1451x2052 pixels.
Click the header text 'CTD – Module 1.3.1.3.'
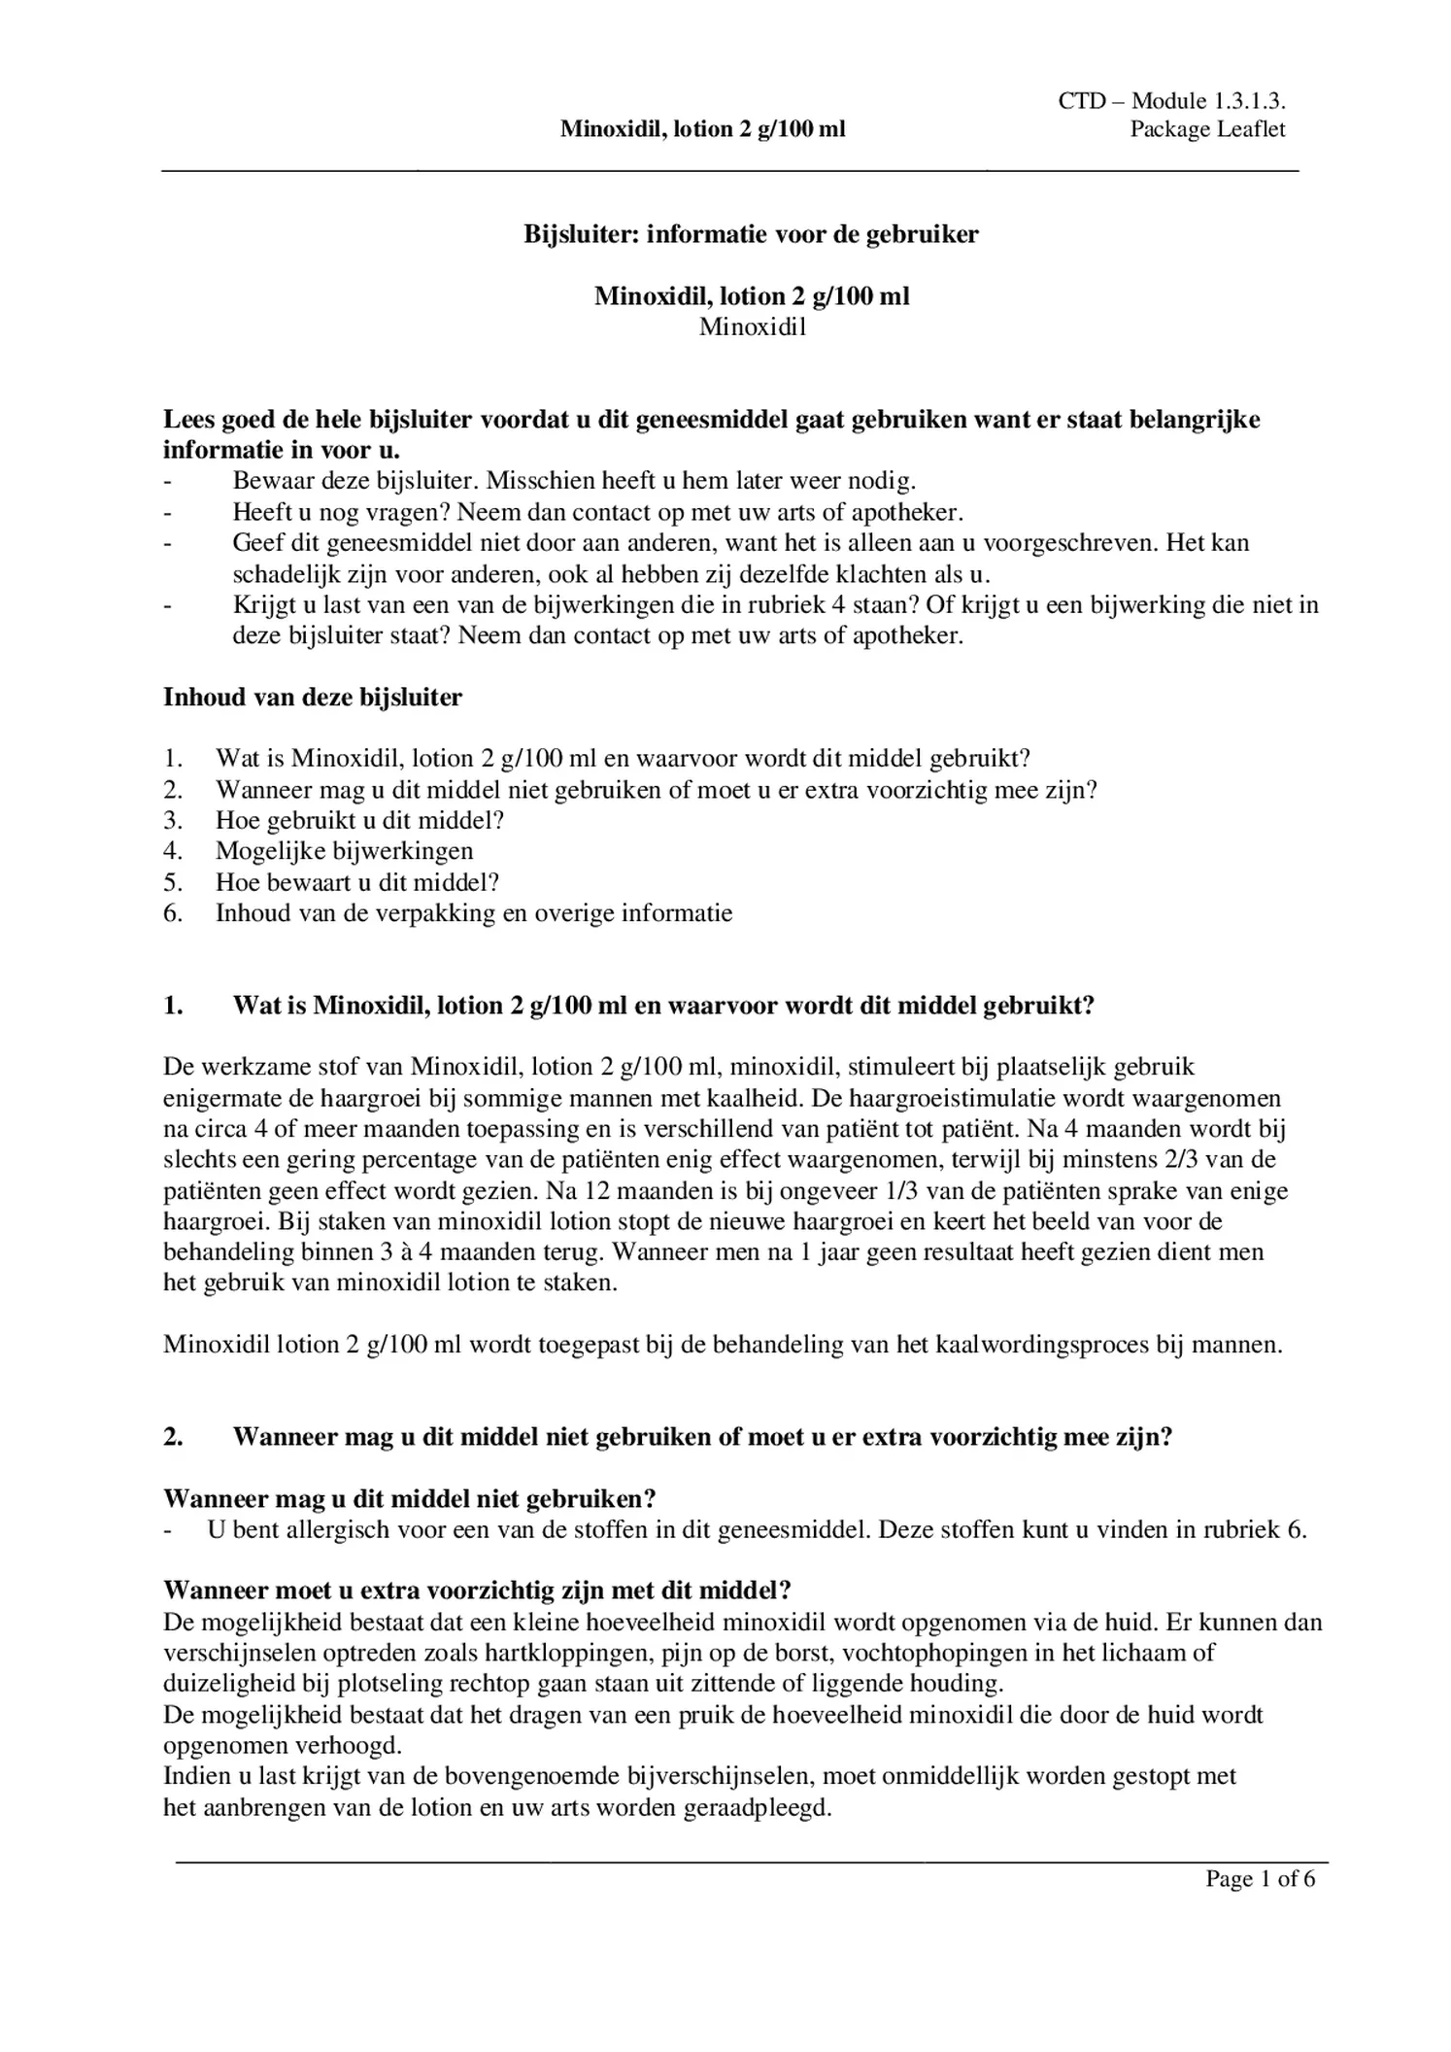pos(1171,101)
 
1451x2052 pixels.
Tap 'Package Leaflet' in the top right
pos(1206,129)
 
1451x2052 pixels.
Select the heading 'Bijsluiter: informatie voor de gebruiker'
pos(751,234)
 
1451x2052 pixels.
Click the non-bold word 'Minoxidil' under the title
pos(753,327)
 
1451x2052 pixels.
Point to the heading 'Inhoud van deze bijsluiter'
pos(313,697)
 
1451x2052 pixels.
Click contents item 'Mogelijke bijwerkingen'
pos(345,851)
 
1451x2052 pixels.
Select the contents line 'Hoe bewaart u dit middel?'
pos(357,882)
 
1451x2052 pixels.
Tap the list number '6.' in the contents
pos(173,913)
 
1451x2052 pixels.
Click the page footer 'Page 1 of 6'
pos(1260,1878)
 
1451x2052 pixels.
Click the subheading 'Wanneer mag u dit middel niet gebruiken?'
pos(410,1498)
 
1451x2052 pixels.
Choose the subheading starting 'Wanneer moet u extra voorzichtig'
pos(477,1590)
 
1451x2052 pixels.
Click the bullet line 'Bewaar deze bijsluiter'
pos(573,481)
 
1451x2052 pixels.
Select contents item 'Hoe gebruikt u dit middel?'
pos(359,820)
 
